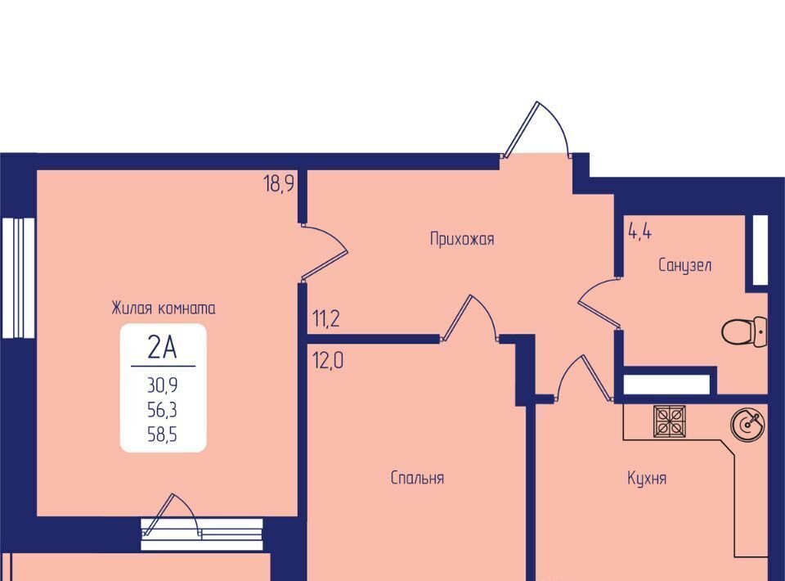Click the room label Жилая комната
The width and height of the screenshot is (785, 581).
click(164, 308)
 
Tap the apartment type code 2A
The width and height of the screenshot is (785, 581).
click(162, 347)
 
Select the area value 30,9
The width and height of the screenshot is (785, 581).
click(162, 385)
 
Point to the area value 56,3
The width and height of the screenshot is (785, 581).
click(162, 410)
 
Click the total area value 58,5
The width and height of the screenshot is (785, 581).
click(162, 435)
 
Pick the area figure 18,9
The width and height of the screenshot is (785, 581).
click(278, 184)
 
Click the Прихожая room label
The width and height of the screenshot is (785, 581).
click(462, 239)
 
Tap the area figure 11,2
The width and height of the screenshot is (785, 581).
click(326, 318)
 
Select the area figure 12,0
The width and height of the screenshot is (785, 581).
click(328, 361)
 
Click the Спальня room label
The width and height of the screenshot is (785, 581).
click(417, 478)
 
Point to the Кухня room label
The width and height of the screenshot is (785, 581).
click(647, 479)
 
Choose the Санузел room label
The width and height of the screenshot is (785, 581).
click(685, 265)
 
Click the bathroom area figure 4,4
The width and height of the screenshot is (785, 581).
click(639, 232)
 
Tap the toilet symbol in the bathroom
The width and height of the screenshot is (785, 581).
click(744, 331)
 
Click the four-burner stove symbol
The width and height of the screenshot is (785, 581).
click(670, 421)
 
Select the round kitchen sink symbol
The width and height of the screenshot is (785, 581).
click(748, 424)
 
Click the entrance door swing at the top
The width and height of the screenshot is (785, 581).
click(536, 129)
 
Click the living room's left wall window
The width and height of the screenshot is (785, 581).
click(18, 277)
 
